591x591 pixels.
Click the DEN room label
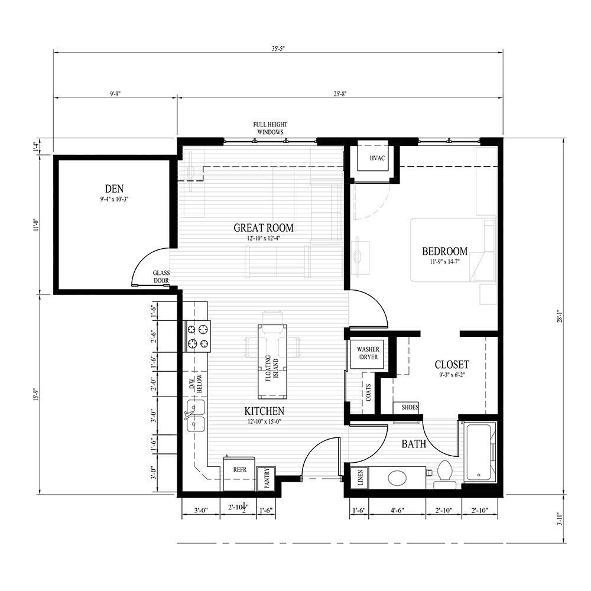(x=115, y=189)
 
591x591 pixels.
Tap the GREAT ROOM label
(x=264, y=228)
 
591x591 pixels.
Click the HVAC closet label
(x=377, y=158)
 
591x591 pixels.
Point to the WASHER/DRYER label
(x=368, y=353)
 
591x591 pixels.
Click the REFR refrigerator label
(x=239, y=470)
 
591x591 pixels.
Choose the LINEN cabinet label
(x=359, y=478)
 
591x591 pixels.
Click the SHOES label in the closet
(x=409, y=407)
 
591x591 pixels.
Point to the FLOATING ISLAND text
(x=271, y=369)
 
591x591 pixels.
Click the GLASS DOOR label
(x=161, y=277)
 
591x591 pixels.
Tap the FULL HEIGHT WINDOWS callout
(x=268, y=128)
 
